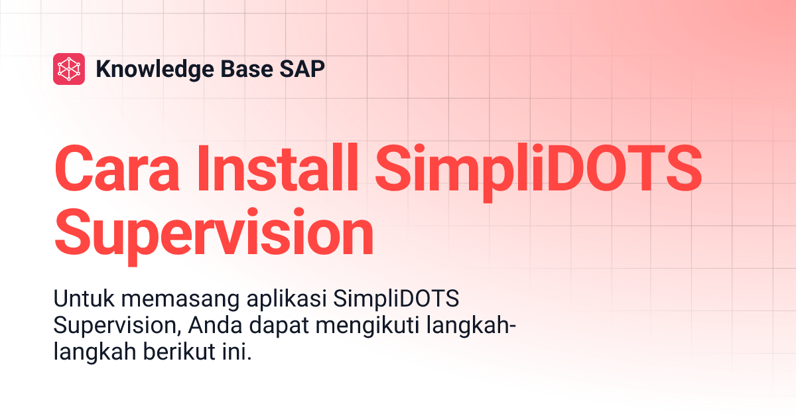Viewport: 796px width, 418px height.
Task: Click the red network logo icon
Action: click(x=69, y=69)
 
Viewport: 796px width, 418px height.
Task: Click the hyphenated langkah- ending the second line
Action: click(x=473, y=327)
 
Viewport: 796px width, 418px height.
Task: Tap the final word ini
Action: click(x=238, y=352)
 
